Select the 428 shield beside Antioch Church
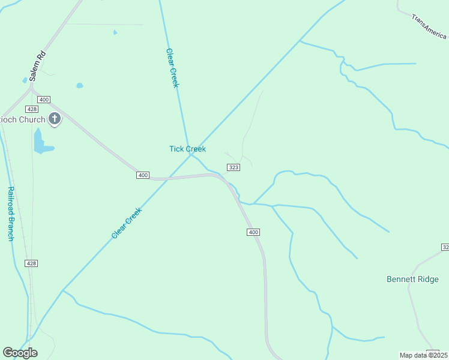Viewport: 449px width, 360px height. [32, 109]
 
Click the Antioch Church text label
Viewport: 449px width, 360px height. [23, 119]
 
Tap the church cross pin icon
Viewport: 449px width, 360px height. [55, 119]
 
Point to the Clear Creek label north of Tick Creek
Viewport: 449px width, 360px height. [172, 68]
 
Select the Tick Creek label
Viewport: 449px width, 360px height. [187, 149]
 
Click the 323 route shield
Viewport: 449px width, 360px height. [234, 167]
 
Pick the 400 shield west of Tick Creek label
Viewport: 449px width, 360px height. [142, 175]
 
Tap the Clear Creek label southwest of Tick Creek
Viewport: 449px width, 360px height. [127, 223]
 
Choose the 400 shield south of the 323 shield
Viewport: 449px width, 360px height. [253, 232]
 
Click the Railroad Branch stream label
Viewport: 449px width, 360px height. [10, 214]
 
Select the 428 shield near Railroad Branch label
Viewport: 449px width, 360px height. [32, 263]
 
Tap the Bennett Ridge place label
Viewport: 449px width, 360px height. [412, 280]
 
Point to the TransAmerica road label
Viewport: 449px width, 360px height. [430, 27]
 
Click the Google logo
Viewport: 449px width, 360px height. [20, 353]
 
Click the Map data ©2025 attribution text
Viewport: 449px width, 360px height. [423, 355]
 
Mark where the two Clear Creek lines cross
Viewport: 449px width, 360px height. [191, 155]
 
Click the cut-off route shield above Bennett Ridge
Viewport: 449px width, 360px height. [445, 247]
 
